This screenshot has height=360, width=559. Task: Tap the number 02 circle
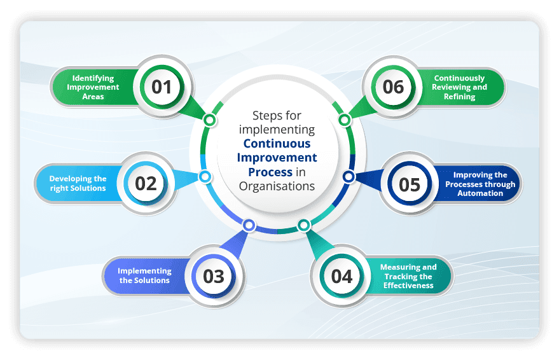coord(146,183)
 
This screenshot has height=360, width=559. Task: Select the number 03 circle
coord(214,277)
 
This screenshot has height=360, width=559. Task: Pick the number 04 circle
coord(342,277)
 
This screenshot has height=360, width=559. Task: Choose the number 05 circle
coord(410,184)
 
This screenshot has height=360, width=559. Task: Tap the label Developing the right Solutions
coord(78,183)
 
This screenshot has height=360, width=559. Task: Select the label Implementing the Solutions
coord(144,276)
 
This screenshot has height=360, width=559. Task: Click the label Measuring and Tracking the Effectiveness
coord(408,277)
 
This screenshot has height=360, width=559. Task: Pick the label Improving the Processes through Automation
coord(480,184)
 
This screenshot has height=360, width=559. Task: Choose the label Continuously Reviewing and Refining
coord(459,87)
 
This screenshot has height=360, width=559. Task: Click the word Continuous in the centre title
coord(277,144)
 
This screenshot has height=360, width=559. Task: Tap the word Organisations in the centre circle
coord(277,186)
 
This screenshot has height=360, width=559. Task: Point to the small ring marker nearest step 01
coord(209,120)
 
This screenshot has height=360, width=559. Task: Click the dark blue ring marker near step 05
coord(349,176)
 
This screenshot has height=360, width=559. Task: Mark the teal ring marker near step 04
coord(304,225)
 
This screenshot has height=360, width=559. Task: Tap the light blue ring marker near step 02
coord(204,177)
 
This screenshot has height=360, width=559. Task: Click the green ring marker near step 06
coord(344,120)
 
